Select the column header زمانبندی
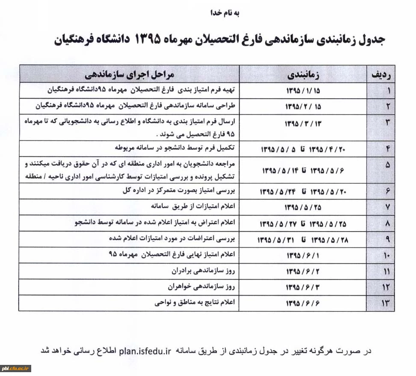(x=303, y=74)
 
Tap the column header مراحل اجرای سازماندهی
(x=130, y=74)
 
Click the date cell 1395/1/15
(x=303, y=91)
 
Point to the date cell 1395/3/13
(x=303, y=124)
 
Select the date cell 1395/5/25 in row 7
(x=303, y=207)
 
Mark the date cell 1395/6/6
(x=303, y=303)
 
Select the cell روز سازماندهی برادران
(x=201, y=271)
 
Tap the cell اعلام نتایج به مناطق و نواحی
(x=195, y=303)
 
